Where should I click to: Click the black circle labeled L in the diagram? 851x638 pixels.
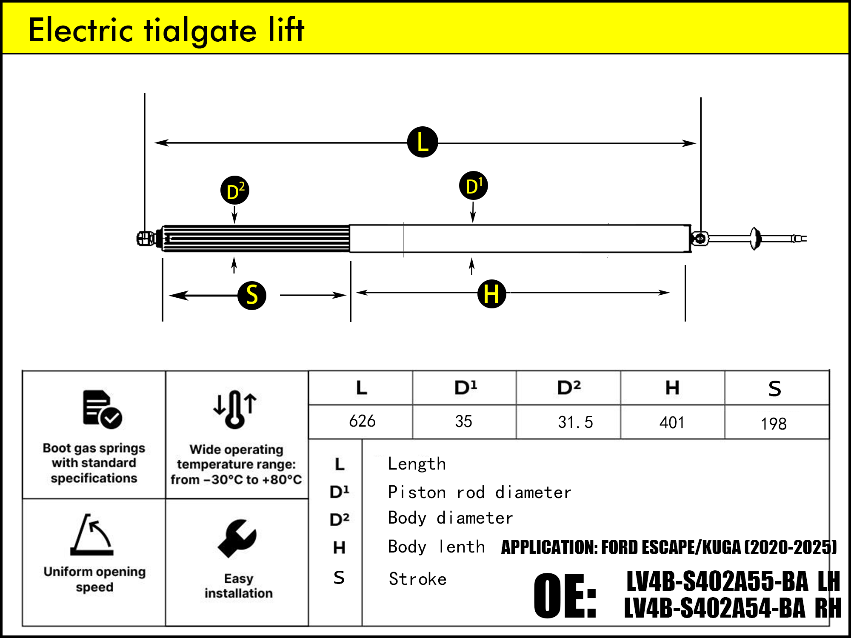point(423,142)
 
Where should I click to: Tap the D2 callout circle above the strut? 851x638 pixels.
point(235,190)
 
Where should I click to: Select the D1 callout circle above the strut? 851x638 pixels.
point(474,186)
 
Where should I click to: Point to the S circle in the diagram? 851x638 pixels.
point(252,295)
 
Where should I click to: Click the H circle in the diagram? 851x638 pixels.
point(492,294)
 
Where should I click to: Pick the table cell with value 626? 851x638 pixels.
point(362,422)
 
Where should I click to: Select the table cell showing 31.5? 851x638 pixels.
point(575,422)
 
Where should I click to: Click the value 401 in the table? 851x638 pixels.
point(672,423)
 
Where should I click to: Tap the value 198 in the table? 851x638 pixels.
point(774,424)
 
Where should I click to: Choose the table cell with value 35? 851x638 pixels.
point(463,422)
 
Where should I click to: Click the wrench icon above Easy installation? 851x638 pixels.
point(237,538)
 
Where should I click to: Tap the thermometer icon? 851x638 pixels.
point(235,409)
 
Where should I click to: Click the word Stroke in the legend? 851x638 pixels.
point(417,579)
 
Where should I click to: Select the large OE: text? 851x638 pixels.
point(565,595)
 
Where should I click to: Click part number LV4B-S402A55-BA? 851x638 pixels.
point(717,581)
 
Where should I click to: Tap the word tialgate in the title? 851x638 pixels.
point(200,31)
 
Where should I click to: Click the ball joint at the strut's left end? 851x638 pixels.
point(145,239)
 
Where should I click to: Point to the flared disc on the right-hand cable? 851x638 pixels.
point(755,239)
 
